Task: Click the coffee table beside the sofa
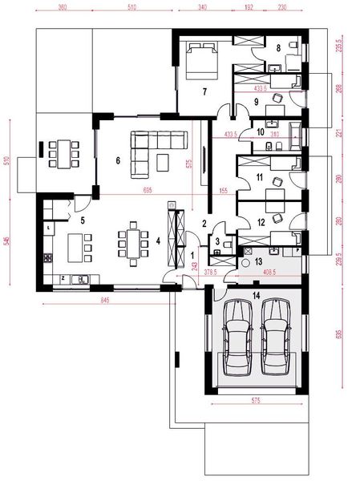(164, 162)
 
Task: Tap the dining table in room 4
(130, 242)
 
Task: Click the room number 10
(261, 131)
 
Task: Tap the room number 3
(217, 242)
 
